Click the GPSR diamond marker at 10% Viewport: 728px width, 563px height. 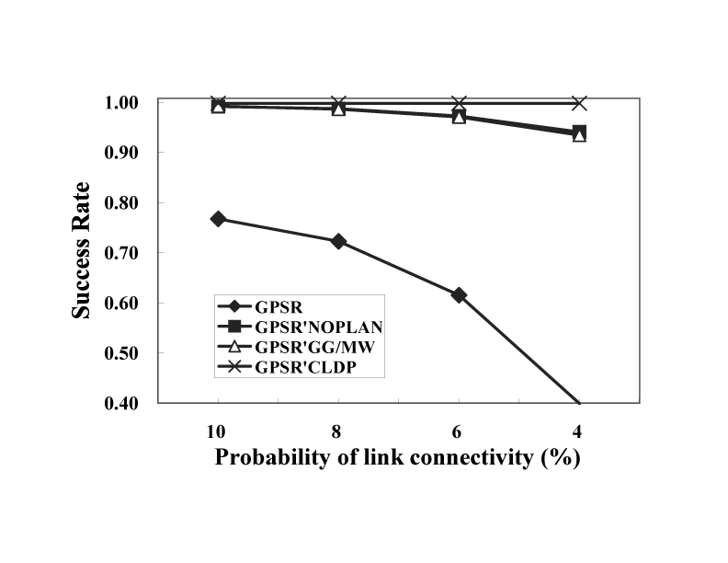(x=218, y=219)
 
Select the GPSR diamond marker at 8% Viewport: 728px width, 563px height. (x=338, y=241)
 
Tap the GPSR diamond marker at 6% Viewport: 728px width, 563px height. (x=459, y=294)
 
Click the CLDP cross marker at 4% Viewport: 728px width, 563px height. (x=579, y=102)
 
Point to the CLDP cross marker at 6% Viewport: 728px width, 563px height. (x=459, y=102)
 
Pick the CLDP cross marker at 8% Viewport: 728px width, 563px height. (x=338, y=102)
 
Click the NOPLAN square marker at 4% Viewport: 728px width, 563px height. (x=579, y=132)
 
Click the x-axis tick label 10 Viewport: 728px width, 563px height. (x=218, y=431)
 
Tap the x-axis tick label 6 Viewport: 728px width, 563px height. (x=459, y=431)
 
